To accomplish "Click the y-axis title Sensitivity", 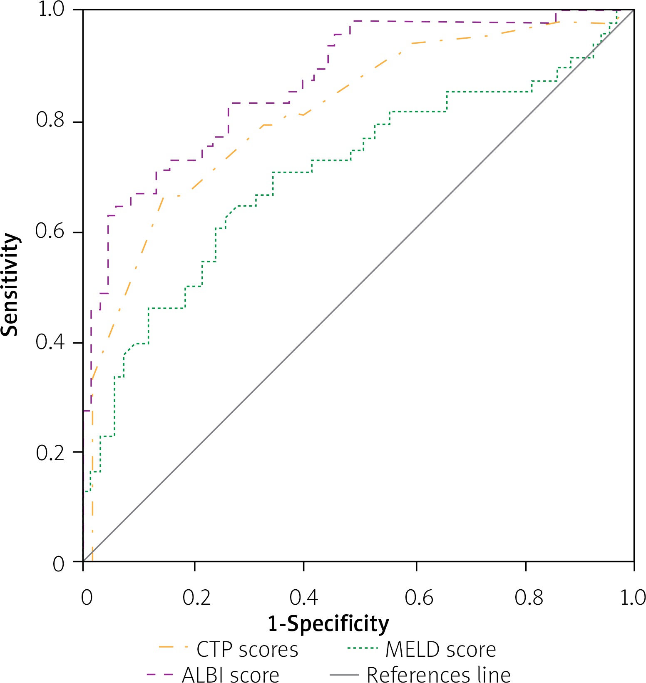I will (x=10, y=284).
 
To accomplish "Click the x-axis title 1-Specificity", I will (x=328, y=624).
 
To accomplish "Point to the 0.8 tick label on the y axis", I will (x=50, y=120).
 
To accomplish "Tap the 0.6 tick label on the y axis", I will (x=50, y=231).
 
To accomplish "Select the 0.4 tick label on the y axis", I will (x=50, y=342).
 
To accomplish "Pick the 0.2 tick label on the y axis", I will (x=50, y=453).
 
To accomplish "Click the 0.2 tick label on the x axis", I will (x=196, y=598).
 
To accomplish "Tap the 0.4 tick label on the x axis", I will (x=304, y=598).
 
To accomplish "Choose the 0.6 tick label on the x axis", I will (x=419, y=598).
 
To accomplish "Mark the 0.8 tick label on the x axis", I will (x=529, y=598).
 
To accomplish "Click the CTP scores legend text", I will (x=247, y=650).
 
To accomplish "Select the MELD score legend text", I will (x=440, y=650).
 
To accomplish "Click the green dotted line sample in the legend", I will (x=362, y=649).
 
